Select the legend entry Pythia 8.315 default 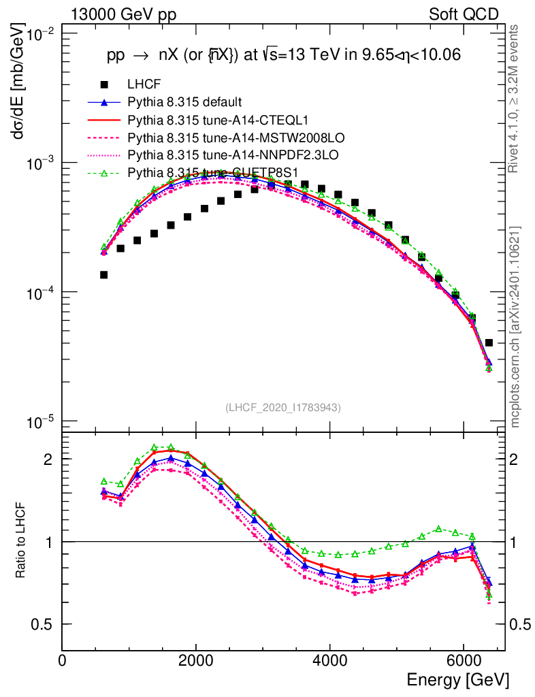(x=184, y=103)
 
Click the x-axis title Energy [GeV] (x=457, y=679)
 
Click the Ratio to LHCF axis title (x=21, y=541)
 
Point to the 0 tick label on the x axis (x=63, y=660)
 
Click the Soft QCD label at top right (x=464, y=14)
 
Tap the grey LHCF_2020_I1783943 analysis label (x=282, y=408)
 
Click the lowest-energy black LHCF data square (x=104, y=275)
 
